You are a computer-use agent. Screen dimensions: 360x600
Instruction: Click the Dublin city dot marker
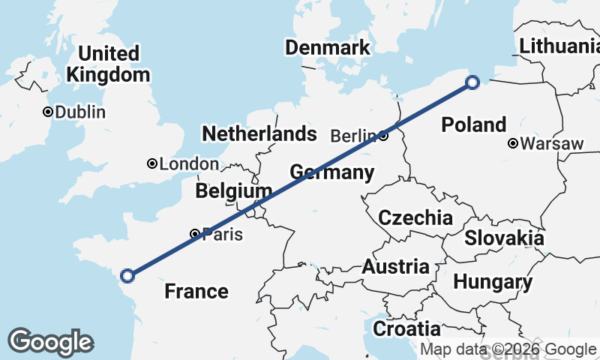point(48,112)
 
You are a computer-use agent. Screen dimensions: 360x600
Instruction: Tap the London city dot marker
point(152,163)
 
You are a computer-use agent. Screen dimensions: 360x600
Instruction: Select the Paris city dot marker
point(195,234)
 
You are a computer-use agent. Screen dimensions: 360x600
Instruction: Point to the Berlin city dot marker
point(383,136)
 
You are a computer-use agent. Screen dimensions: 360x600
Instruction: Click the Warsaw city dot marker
point(512,143)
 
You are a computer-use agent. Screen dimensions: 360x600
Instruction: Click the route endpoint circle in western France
point(127,275)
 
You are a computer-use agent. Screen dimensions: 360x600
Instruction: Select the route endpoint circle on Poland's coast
point(472,82)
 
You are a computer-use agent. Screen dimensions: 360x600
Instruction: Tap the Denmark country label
point(327,48)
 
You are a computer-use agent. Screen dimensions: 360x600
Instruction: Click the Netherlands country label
point(259,134)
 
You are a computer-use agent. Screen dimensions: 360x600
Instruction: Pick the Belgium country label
point(233,191)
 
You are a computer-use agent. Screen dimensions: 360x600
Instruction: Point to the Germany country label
point(331,173)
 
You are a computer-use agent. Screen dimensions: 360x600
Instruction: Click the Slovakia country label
point(504,238)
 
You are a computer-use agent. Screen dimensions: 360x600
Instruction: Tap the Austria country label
point(395,267)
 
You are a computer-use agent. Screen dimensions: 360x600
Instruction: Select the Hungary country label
point(493,283)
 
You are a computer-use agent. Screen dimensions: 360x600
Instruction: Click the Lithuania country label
point(559,46)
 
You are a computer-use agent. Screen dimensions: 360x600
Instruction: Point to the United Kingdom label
point(108,64)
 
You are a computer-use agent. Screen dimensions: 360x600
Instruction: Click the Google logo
point(50,342)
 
